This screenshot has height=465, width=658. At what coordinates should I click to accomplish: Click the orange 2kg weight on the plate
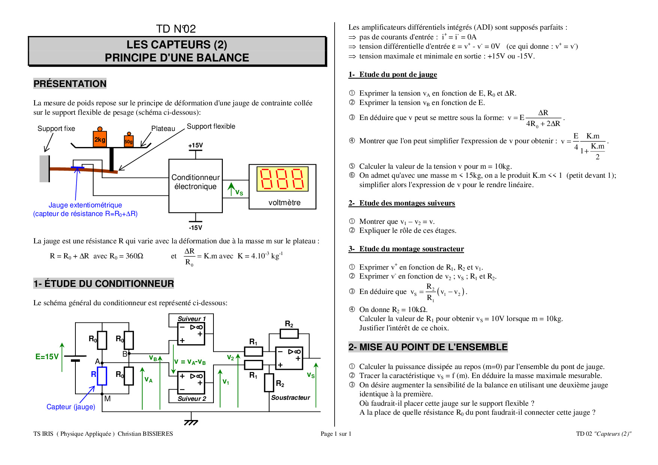(x=100, y=139)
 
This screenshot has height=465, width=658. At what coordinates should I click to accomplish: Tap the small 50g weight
(x=129, y=141)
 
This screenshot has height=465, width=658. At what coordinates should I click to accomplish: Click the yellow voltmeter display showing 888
(x=282, y=179)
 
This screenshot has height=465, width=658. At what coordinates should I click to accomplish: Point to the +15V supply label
(x=195, y=145)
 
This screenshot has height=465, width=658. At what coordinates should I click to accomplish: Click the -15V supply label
(x=195, y=228)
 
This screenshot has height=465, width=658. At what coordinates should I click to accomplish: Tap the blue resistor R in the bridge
(x=102, y=376)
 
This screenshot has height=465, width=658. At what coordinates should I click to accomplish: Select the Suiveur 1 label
(x=192, y=319)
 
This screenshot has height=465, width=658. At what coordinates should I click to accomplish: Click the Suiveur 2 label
(x=192, y=399)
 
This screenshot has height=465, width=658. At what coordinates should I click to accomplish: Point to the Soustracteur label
(x=290, y=397)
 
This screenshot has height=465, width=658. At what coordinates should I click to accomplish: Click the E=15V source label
(x=47, y=357)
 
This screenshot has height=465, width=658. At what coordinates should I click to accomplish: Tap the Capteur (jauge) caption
(x=71, y=407)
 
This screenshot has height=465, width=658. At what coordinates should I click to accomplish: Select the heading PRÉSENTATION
(x=70, y=84)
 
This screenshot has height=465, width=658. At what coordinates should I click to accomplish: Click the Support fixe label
(x=56, y=129)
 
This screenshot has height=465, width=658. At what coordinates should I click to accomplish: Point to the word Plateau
(x=163, y=129)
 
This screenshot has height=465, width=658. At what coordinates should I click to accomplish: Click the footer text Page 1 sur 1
(x=336, y=434)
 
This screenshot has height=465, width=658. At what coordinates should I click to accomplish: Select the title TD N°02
(x=176, y=29)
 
